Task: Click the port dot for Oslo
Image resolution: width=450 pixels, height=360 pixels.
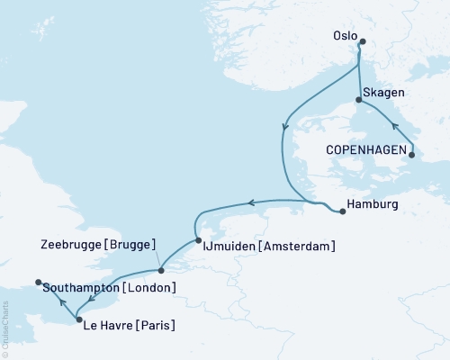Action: (x=362, y=41)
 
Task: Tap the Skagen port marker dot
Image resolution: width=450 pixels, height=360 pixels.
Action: (x=359, y=101)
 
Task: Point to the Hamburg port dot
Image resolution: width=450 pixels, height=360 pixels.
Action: (x=343, y=212)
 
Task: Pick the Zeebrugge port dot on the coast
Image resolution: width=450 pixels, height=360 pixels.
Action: (x=160, y=268)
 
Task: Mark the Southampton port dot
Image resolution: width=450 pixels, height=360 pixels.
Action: (x=38, y=283)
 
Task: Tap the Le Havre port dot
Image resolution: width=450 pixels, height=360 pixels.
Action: (x=79, y=319)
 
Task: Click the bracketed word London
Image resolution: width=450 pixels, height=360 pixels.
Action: (x=148, y=288)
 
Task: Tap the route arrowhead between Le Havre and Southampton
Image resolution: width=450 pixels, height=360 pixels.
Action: (x=59, y=301)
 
